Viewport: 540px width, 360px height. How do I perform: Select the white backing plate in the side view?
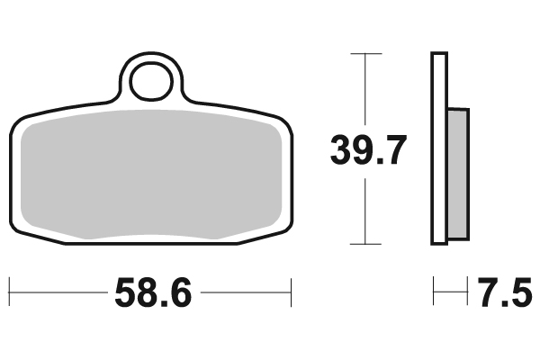pyautogui.click(x=438, y=148)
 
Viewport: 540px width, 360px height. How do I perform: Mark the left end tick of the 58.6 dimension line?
pyautogui.click(x=9, y=292)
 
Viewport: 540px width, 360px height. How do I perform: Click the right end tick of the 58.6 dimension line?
pyautogui.click(x=292, y=292)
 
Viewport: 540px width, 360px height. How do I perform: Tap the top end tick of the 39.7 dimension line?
pyautogui.click(x=363, y=54)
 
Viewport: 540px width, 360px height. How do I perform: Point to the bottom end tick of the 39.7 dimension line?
pyautogui.click(x=363, y=244)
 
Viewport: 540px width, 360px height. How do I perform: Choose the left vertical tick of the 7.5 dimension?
pyautogui.click(x=433, y=292)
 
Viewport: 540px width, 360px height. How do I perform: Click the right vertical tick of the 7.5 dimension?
pyautogui.click(x=470, y=292)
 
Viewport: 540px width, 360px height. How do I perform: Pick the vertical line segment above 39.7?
pyautogui.click(x=363, y=90)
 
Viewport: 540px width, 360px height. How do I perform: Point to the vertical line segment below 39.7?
pyautogui.click(x=363, y=211)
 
